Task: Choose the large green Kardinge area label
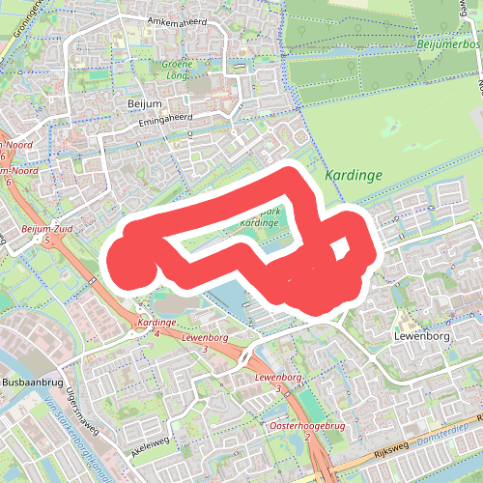(354, 175)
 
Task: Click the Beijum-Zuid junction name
(40, 229)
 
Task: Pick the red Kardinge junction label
(155, 322)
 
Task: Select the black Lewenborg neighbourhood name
(422, 336)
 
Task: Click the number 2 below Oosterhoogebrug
(307, 437)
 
